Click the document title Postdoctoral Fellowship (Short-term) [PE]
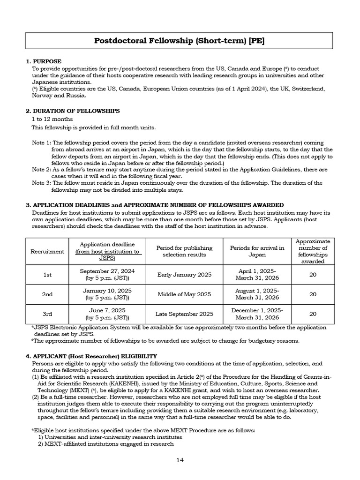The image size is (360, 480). pos(180,41)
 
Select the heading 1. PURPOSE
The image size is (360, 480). pos(44,61)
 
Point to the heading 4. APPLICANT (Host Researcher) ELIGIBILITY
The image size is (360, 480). pos(91,356)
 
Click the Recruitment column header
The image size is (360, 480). pos(47,251)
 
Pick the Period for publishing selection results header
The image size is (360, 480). pos(184,251)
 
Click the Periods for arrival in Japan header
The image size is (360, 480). pos(257,251)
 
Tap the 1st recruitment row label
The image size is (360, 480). pos(47,275)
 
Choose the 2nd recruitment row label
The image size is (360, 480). pos(47,294)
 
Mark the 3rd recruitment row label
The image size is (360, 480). pos(47,314)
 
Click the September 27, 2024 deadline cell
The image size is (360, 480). pos(107,275)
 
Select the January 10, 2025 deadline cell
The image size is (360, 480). pos(107,294)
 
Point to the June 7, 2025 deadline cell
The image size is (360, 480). pos(107,314)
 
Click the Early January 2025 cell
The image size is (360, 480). pos(184,275)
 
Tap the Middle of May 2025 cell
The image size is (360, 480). pos(184,294)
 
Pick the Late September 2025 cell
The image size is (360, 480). pos(184,314)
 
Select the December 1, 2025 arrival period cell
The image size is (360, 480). pos(257,314)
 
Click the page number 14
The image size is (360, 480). pos(180,460)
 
